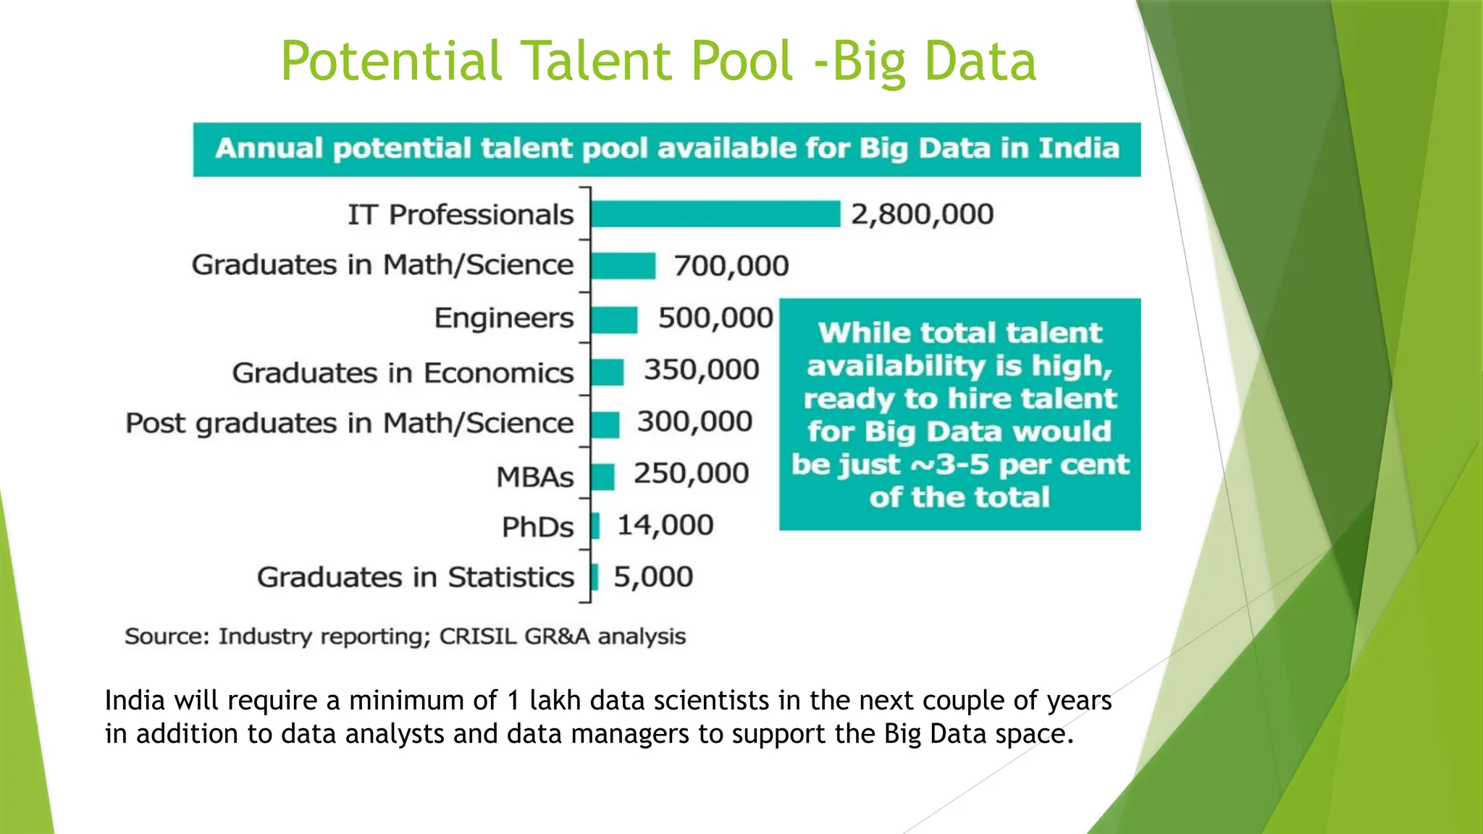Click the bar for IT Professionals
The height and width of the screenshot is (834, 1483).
[x=715, y=214]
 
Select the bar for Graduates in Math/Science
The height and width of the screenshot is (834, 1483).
[x=623, y=266]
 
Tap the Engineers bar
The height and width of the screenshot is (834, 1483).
[x=614, y=319]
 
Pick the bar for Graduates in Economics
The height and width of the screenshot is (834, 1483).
[x=607, y=372]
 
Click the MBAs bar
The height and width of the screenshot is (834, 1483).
[x=602, y=476]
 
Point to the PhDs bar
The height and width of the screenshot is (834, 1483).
[x=595, y=526]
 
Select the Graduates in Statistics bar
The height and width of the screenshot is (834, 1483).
[x=595, y=578]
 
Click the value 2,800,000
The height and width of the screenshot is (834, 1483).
[x=922, y=214]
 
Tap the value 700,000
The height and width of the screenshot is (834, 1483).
[x=731, y=266]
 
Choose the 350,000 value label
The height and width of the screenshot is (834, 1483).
[x=701, y=370]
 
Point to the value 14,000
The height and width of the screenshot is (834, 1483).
[x=665, y=526]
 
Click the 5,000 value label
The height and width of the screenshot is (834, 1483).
[x=653, y=577]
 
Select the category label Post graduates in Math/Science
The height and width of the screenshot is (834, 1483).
[x=349, y=424]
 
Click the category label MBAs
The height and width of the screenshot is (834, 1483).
[x=534, y=477]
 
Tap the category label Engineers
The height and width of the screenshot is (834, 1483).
[x=503, y=319]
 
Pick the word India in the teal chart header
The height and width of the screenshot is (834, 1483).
[x=1079, y=148]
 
